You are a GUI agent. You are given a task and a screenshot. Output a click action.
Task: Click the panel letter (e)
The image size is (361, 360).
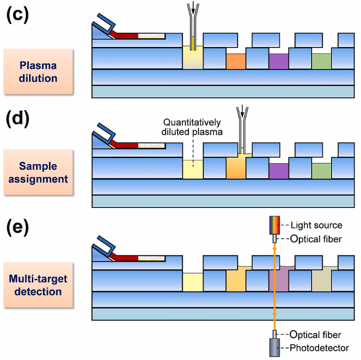[18, 227]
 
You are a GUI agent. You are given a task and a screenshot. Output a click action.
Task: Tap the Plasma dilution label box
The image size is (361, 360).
[38, 72]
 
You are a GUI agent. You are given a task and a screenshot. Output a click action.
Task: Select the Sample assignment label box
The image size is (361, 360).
[38, 172]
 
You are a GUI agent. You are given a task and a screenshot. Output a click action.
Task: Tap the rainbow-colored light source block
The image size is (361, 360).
[274, 225]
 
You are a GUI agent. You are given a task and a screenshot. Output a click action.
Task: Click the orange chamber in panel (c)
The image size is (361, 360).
[236, 61]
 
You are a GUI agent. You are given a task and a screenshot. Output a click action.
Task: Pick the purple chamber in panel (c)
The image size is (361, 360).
[278, 61]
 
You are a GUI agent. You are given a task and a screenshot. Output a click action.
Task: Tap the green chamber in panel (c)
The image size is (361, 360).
[321, 61]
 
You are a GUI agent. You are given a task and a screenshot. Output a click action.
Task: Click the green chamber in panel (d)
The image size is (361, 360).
[321, 171]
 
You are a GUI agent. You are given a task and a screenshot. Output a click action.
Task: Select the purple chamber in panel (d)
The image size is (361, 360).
[278, 171]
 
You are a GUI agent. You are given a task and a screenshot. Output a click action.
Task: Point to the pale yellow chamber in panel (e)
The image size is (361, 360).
[193, 282]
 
